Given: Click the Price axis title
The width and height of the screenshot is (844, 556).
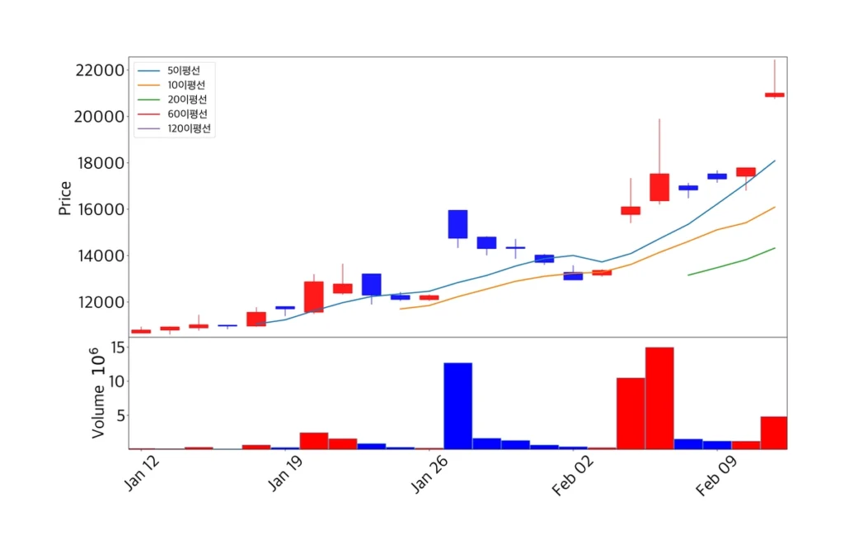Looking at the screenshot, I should point(65,198).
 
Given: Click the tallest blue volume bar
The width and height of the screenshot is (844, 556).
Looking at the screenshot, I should point(457,406).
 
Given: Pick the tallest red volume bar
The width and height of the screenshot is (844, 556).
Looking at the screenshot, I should point(659,398).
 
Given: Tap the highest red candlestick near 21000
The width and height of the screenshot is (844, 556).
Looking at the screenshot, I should point(774,95).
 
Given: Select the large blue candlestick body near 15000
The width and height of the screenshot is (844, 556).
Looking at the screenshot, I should point(457,224).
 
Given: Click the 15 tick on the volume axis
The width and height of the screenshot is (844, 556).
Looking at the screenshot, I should point(116,348).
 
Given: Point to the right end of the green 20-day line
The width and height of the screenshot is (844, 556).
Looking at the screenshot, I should point(775,248).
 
